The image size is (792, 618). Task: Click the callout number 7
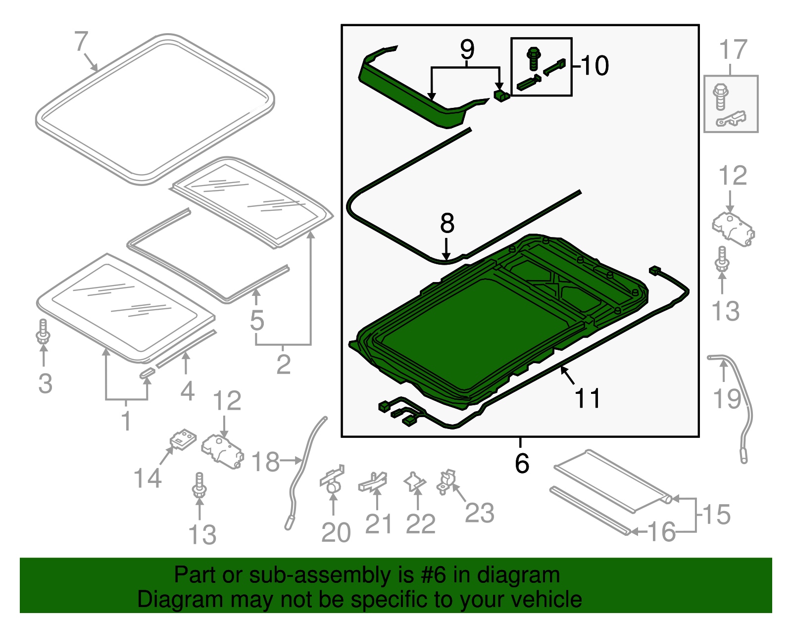tap(82, 42)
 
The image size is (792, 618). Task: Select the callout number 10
tap(594, 66)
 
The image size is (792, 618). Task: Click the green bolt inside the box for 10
tap(533, 58)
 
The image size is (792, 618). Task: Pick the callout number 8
tap(447, 224)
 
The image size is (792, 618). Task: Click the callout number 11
tap(588, 399)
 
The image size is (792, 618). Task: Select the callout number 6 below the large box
tap(522, 464)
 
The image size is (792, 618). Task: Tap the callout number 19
tap(727, 399)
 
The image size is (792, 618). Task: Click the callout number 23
tap(479, 513)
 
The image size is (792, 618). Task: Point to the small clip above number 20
tap(332, 479)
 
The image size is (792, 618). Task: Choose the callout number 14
tap(148, 478)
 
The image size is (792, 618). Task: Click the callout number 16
tap(661, 532)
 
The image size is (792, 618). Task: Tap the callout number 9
tap(467, 49)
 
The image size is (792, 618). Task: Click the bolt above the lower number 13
tap(199, 485)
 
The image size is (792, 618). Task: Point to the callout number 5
tap(257, 321)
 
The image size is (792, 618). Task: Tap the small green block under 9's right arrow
tap(501, 95)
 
